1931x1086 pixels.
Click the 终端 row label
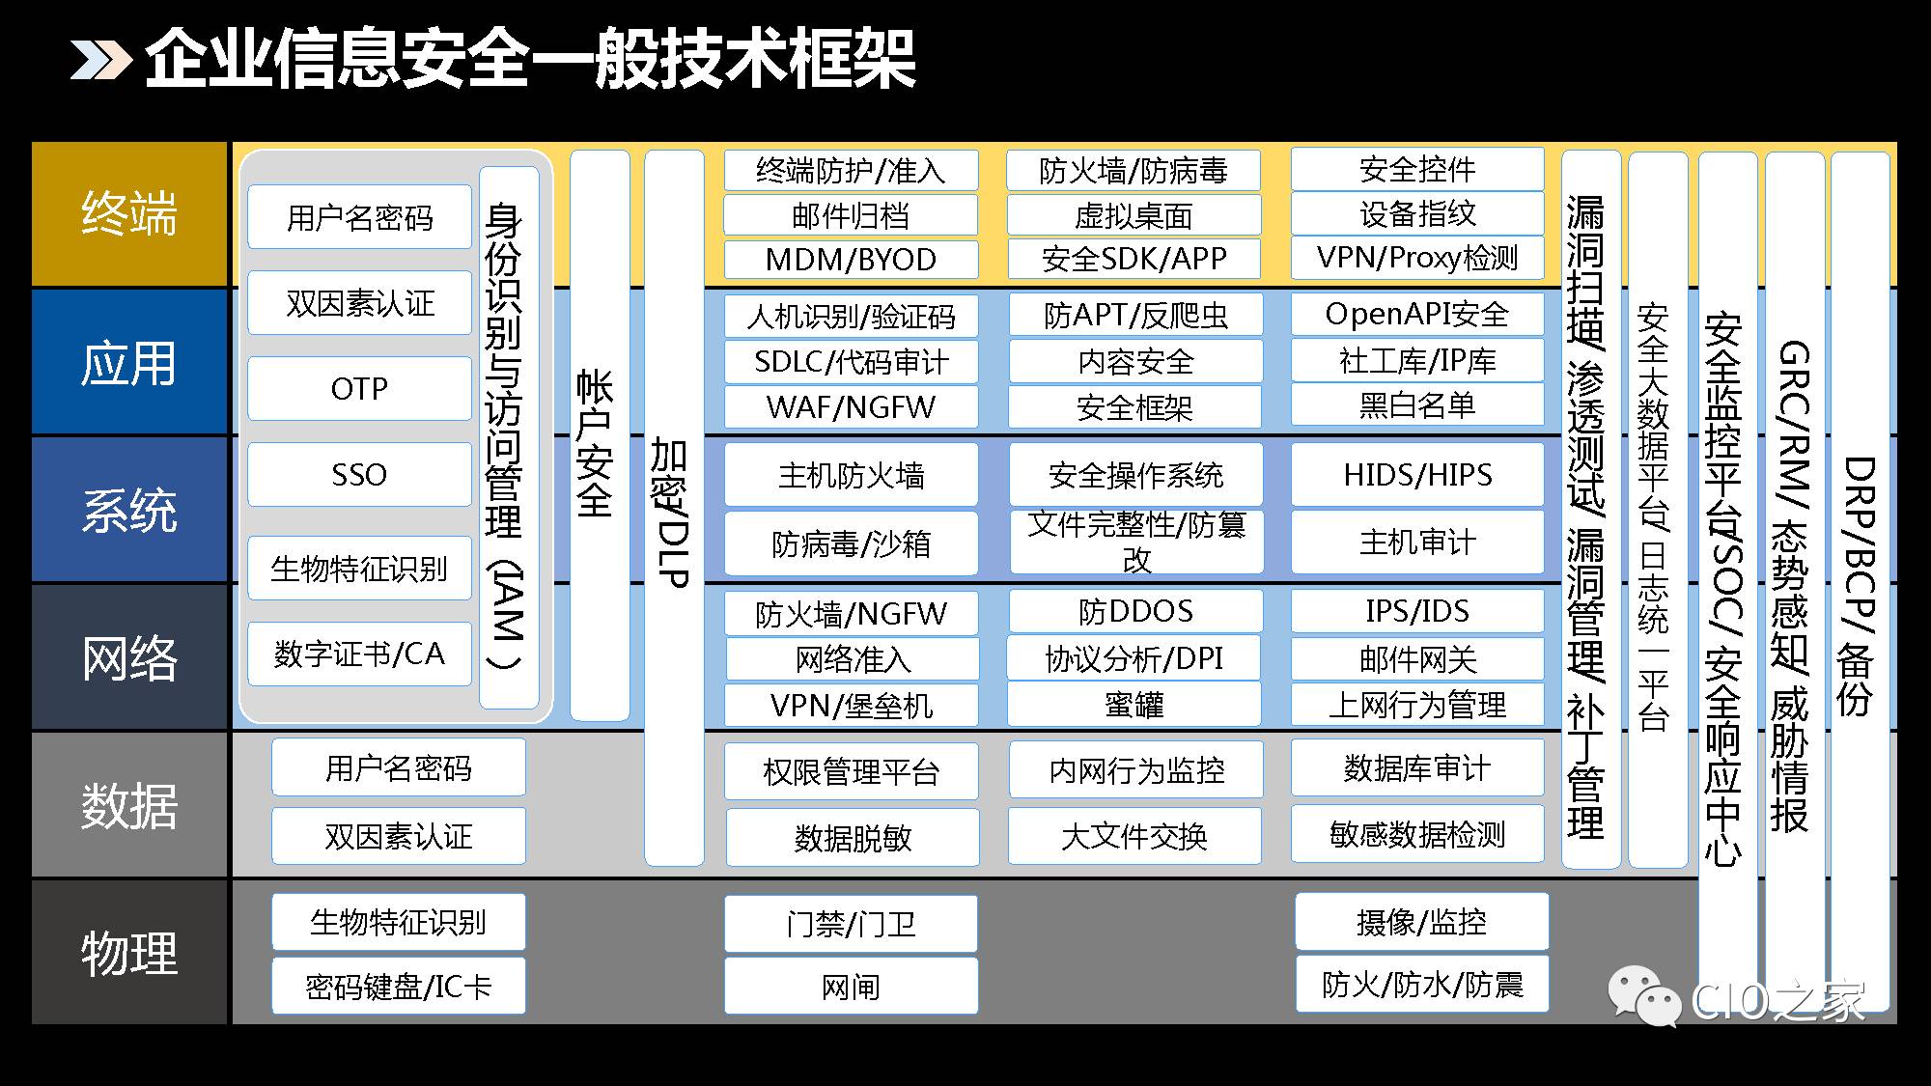point(129,213)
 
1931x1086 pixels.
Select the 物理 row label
point(129,953)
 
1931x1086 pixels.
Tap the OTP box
point(359,388)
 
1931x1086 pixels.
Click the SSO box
point(359,474)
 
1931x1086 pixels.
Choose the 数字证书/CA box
point(359,654)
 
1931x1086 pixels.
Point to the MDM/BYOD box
point(851,259)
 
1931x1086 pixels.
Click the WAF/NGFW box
point(851,406)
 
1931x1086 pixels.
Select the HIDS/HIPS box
point(1417,474)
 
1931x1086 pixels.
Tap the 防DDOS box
point(1135,611)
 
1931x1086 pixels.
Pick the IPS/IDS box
point(1417,611)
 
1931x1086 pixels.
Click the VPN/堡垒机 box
point(851,705)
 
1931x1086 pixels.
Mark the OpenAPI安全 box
point(1417,314)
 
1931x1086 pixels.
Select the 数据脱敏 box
point(853,837)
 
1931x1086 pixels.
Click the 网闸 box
point(851,986)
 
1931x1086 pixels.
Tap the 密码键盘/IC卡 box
point(399,986)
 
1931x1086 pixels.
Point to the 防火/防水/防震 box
point(1422,984)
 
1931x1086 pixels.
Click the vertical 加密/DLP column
point(674,508)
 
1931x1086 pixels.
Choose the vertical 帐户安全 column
point(600,435)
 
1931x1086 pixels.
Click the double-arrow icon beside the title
point(100,60)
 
